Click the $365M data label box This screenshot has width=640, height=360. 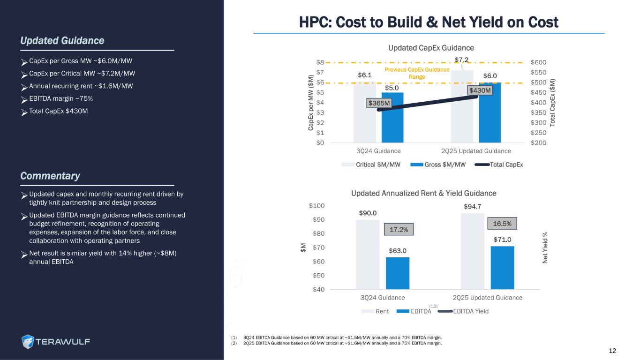click(x=379, y=103)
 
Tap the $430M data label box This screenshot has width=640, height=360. click(x=480, y=90)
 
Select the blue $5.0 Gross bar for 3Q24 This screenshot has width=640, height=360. click(x=392, y=118)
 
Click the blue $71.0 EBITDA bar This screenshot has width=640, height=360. click(x=502, y=267)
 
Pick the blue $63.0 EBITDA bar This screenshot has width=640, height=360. click(x=398, y=273)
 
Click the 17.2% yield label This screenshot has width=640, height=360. click(x=399, y=230)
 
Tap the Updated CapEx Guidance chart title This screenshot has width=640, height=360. click(x=431, y=48)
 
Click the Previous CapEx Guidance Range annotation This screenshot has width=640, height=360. click(x=416, y=73)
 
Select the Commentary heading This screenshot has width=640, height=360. click(x=50, y=176)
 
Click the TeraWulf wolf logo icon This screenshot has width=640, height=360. click(x=28, y=341)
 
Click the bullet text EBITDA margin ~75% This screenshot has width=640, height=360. click(x=60, y=98)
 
